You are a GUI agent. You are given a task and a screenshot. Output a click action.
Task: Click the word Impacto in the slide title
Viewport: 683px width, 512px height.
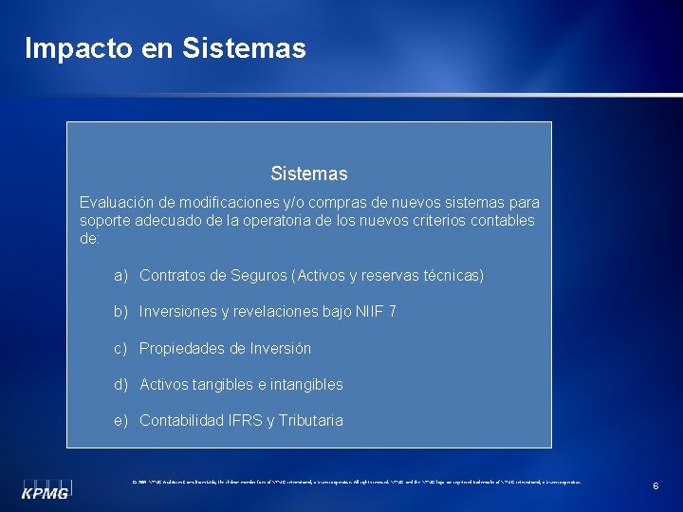click(77, 48)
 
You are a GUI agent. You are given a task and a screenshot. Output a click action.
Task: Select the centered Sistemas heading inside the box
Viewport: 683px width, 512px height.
click(308, 174)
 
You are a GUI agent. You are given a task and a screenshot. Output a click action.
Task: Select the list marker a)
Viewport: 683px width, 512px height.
click(121, 276)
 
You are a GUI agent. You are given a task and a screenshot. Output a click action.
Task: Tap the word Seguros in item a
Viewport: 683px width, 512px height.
click(261, 276)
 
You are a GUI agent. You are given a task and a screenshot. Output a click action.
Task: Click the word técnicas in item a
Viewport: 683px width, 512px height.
click(452, 276)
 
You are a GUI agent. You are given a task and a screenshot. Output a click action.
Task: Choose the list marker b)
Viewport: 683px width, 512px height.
click(121, 312)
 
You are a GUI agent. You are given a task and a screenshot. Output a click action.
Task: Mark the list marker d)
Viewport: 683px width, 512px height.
click(121, 385)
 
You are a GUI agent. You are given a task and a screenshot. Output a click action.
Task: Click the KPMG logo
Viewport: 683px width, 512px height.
click(46, 489)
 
